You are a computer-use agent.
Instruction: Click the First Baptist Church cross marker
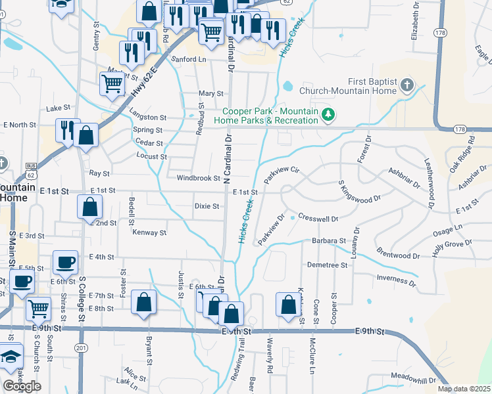point(407,85)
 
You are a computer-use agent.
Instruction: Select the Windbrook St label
point(197,178)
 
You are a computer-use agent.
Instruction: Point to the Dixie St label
point(207,206)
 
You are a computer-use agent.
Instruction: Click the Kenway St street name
point(149,232)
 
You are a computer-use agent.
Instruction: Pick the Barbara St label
point(328,241)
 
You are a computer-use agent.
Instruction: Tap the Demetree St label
point(327,265)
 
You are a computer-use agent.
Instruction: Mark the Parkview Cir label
point(282,175)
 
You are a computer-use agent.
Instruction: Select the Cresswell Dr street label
point(318,218)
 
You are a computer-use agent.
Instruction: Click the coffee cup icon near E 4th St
point(65,261)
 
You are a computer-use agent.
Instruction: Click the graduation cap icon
point(11,357)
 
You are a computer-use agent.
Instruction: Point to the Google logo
point(22,386)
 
